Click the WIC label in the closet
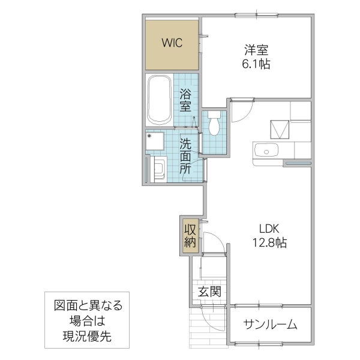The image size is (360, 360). [x=172, y=43]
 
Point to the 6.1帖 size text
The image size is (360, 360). [x=256, y=64]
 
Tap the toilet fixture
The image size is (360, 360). [x=214, y=125]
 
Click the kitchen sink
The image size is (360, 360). [x=267, y=150]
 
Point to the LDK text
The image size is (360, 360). [x=269, y=229]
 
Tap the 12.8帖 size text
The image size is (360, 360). [x=269, y=243]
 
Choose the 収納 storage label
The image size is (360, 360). [x=190, y=235]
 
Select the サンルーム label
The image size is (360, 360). [x=270, y=325]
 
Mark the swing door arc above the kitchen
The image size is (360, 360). [x=241, y=109]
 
